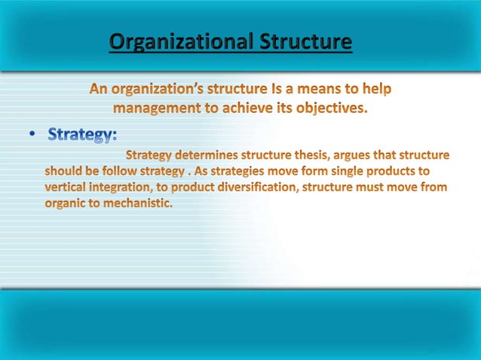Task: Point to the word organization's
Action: pyautogui.click(x=154, y=90)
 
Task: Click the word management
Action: pyautogui.click(x=162, y=108)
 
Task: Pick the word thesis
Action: pyautogui.click(x=314, y=155)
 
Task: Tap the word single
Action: pyautogui.click(x=345, y=170)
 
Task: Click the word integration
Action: pyautogui.click(x=124, y=186)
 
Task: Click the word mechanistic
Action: pyautogui.click(x=141, y=202)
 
